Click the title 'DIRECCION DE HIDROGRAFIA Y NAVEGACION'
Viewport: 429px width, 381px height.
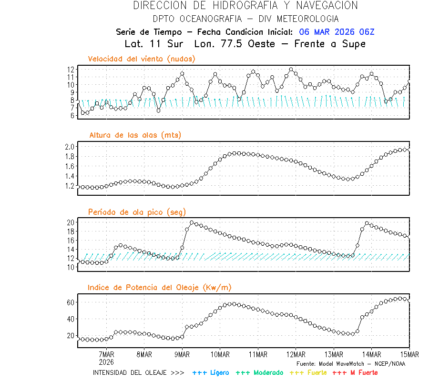click(x=245, y=6)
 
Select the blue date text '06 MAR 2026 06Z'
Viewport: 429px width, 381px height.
click(x=337, y=32)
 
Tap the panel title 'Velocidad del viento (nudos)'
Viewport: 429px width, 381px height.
click(x=142, y=59)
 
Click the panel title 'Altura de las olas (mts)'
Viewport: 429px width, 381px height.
click(x=135, y=135)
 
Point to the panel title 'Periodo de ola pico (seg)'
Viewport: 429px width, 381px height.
click(x=137, y=212)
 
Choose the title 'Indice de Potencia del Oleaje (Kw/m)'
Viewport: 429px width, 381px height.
click(x=160, y=287)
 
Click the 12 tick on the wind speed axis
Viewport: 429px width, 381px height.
click(x=71, y=70)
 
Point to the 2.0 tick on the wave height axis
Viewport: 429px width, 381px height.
click(x=70, y=146)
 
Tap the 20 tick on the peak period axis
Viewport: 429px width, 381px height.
click(x=70, y=222)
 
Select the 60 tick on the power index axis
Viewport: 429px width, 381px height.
click(x=70, y=302)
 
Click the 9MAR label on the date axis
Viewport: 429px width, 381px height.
click(x=182, y=354)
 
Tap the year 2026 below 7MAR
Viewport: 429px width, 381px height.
click(x=106, y=362)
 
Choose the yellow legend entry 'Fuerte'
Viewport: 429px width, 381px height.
click(x=308, y=372)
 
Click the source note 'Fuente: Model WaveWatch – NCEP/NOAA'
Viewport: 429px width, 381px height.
click(x=351, y=363)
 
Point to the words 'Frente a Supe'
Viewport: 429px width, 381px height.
click(x=330, y=44)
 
